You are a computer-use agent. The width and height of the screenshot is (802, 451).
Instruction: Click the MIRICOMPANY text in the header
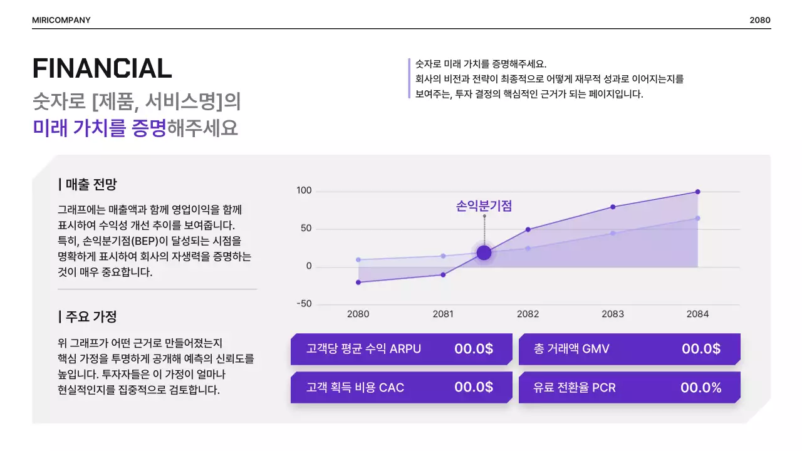click(x=61, y=20)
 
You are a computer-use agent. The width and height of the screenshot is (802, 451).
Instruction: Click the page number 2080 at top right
click(x=759, y=20)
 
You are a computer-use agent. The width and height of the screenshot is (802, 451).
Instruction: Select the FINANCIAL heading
click(x=102, y=68)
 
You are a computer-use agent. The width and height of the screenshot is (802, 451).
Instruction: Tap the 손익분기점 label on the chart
click(x=484, y=206)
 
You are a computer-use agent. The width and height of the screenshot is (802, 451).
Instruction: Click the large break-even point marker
click(x=484, y=252)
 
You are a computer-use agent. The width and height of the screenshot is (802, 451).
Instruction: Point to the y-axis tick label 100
click(x=304, y=190)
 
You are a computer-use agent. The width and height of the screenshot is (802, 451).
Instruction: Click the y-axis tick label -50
click(x=304, y=304)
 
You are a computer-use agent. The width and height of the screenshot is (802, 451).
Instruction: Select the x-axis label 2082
click(x=528, y=314)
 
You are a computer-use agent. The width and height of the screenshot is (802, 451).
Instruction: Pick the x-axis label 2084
click(x=697, y=314)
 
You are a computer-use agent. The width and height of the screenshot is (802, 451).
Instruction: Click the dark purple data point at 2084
click(x=697, y=192)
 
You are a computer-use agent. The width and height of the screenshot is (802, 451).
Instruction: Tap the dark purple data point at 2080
click(x=358, y=283)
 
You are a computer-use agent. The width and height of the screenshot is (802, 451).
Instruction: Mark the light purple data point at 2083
click(x=613, y=233)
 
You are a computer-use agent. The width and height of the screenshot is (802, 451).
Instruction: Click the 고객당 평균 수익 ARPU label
click(x=363, y=349)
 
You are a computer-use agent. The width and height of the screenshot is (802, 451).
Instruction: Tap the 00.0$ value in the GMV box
click(x=700, y=349)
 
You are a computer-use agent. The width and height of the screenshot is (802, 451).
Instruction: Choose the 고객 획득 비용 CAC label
click(x=355, y=388)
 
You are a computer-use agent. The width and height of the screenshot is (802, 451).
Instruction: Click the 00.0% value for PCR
click(x=700, y=388)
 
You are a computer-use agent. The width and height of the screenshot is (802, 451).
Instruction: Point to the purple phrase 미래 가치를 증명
click(x=100, y=128)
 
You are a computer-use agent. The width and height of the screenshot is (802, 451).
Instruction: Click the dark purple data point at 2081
click(x=443, y=274)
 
